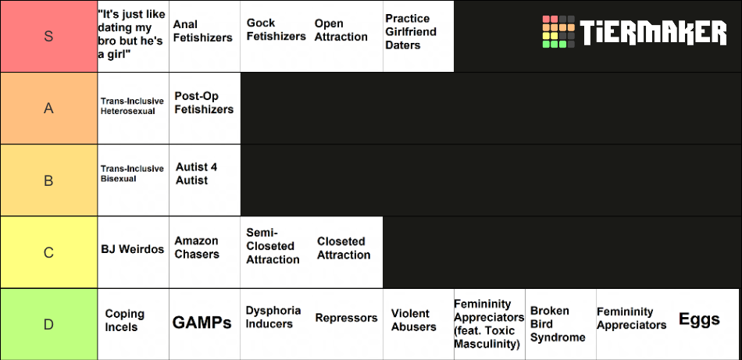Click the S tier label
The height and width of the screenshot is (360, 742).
(48, 36)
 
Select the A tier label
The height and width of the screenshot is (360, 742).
(48, 109)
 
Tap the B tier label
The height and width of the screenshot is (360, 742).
(48, 180)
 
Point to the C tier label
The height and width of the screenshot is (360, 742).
(48, 252)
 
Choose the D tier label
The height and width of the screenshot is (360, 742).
(48, 325)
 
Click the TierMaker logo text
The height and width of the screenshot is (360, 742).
(654, 32)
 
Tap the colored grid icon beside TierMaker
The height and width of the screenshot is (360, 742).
(559, 32)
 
